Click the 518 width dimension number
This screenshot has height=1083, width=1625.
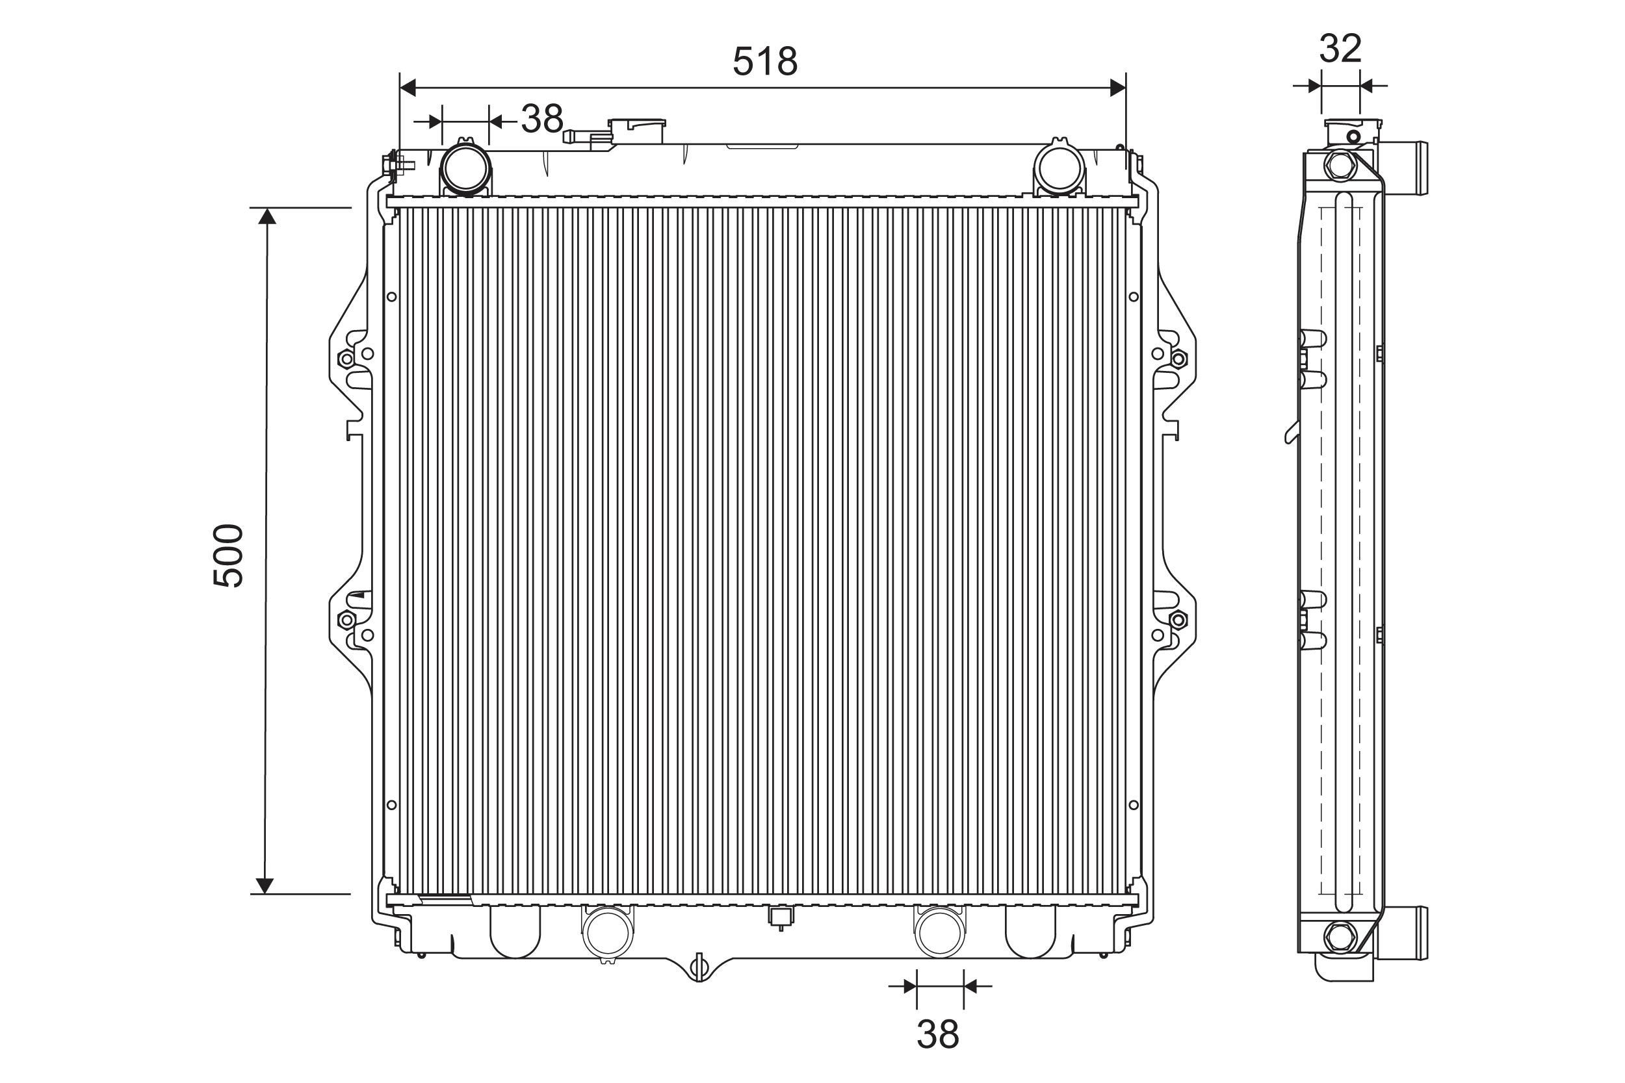tap(765, 62)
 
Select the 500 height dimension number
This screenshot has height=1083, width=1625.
tap(228, 555)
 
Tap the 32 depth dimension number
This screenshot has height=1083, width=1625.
tap(1340, 48)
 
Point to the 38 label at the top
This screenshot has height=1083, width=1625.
tap(542, 119)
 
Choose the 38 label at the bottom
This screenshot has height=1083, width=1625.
tap(937, 1034)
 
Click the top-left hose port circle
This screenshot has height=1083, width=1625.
tap(465, 168)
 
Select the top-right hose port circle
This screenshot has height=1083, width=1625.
tap(1058, 168)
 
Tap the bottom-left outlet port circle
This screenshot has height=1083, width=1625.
tap(608, 932)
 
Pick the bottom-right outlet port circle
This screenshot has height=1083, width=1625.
tap(940, 932)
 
